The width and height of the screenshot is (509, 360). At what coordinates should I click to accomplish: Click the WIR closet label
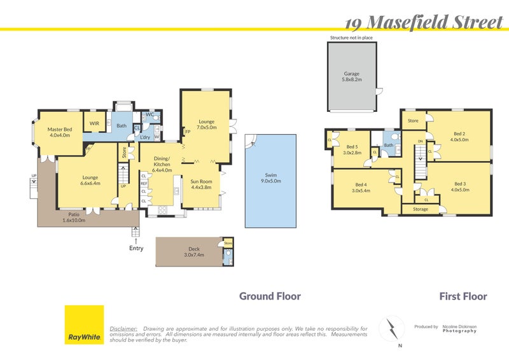[x=94, y=123]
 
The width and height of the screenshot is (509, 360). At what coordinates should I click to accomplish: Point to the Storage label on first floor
[x=421, y=209]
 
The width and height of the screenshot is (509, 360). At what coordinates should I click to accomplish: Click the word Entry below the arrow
[x=136, y=248]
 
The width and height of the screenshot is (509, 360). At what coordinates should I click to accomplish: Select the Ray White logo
[x=85, y=324]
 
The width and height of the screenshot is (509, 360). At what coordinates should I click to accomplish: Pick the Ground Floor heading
[x=270, y=296]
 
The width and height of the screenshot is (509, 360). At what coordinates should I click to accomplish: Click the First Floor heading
[x=463, y=296]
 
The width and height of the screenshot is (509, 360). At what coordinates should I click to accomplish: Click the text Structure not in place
[x=351, y=38]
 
